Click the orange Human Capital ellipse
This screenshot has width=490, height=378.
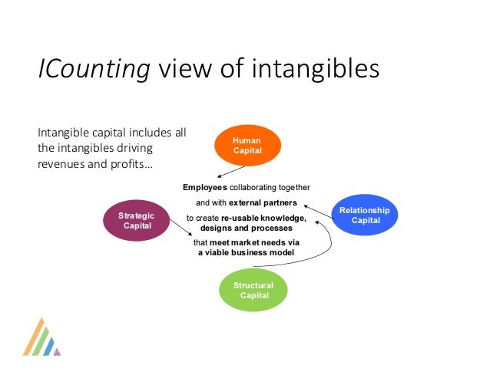(x=247, y=146)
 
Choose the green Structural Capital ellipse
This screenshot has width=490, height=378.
(x=253, y=291)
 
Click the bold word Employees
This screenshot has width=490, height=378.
(x=204, y=188)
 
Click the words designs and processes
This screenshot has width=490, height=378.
(x=247, y=228)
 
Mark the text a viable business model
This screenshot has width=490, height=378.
(x=246, y=252)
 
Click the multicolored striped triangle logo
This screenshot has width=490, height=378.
(x=41, y=338)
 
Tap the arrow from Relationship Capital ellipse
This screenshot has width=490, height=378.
(x=319, y=211)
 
